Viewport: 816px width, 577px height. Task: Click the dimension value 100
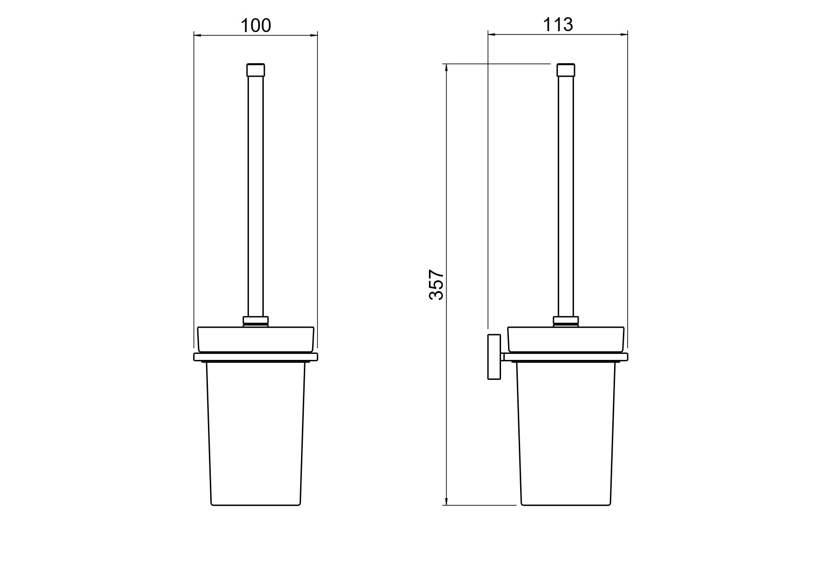coord(255,25)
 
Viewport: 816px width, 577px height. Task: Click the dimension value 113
coord(558,24)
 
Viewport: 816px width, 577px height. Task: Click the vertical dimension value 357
coord(436,285)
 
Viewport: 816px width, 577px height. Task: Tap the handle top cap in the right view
coord(565,70)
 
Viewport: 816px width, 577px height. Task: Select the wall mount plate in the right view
coord(494,357)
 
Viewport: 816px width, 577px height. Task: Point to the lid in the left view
coord(255,339)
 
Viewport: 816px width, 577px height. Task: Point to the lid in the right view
coord(565,339)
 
